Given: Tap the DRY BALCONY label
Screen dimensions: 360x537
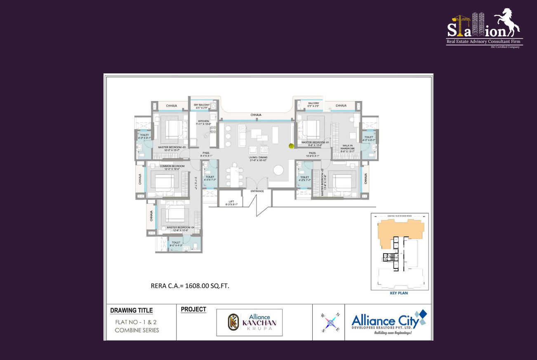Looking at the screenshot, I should (x=202, y=105).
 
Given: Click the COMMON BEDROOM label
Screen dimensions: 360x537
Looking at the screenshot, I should (x=172, y=166).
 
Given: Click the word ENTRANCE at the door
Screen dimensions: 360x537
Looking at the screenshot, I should (x=257, y=191).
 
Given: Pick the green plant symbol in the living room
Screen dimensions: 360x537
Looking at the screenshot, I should (x=292, y=145).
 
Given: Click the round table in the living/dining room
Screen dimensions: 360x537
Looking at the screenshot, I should (x=278, y=170).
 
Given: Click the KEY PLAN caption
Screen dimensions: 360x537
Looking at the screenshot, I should (x=398, y=294).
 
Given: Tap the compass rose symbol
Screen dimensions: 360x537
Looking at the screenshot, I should (x=330, y=322).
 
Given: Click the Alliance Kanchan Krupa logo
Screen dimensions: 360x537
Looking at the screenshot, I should (x=250, y=322).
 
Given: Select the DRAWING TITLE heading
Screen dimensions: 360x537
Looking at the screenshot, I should (x=131, y=311).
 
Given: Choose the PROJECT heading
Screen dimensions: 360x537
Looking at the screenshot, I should (x=193, y=309).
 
